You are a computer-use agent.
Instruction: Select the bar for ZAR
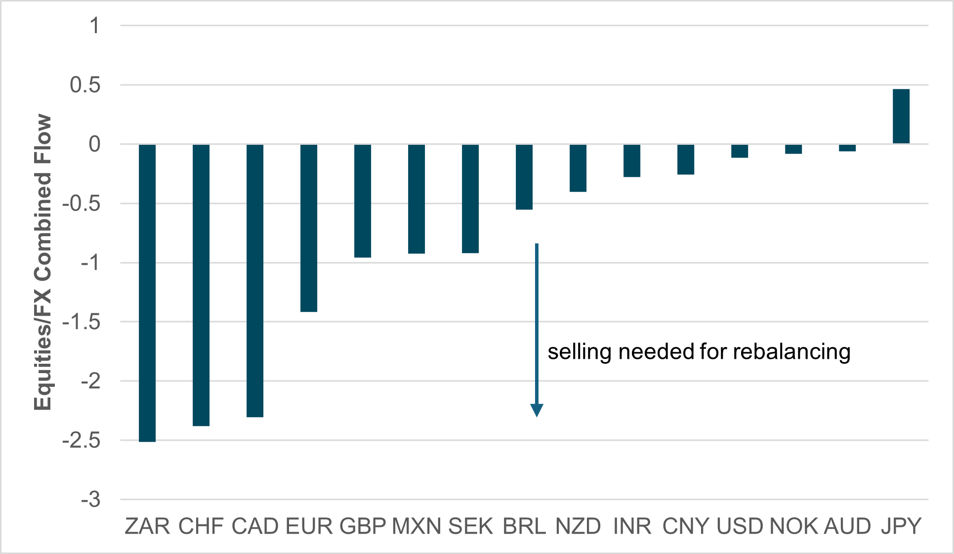click(x=147, y=293)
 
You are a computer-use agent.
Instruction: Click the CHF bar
click(x=201, y=285)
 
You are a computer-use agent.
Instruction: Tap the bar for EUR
click(x=309, y=228)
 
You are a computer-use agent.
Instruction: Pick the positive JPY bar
click(x=901, y=117)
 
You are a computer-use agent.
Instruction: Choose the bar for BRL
click(x=524, y=177)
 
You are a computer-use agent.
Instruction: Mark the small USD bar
click(x=740, y=151)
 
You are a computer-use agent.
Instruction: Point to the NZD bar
click(x=578, y=168)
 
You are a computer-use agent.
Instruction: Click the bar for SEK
click(x=470, y=199)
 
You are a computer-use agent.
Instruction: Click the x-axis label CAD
click(x=255, y=526)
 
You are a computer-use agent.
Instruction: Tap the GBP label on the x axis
click(x=363, y=526)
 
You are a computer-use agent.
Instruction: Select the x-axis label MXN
click(x=416, y=526)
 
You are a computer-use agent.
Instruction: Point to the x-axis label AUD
click(x=847, y=526)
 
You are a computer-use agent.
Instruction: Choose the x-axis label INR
click(x=632, y=526)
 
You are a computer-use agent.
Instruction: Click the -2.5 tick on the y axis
click(x=82, y=440)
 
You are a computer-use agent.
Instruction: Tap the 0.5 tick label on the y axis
click(x=85, y=85)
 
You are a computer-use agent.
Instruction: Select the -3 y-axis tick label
click(x=91, y=500)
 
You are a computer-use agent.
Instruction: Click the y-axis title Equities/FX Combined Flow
click(x=43, y=262)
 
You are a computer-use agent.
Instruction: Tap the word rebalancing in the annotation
click(x=791, y=352)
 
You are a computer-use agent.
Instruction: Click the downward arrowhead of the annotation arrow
click(x=537, y=410)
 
